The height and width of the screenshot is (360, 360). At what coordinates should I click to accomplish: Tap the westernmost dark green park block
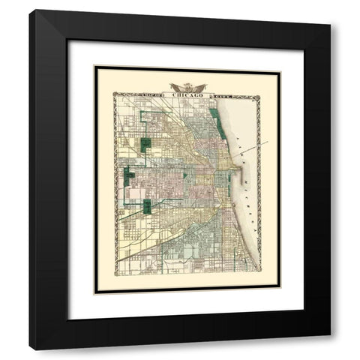130,175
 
